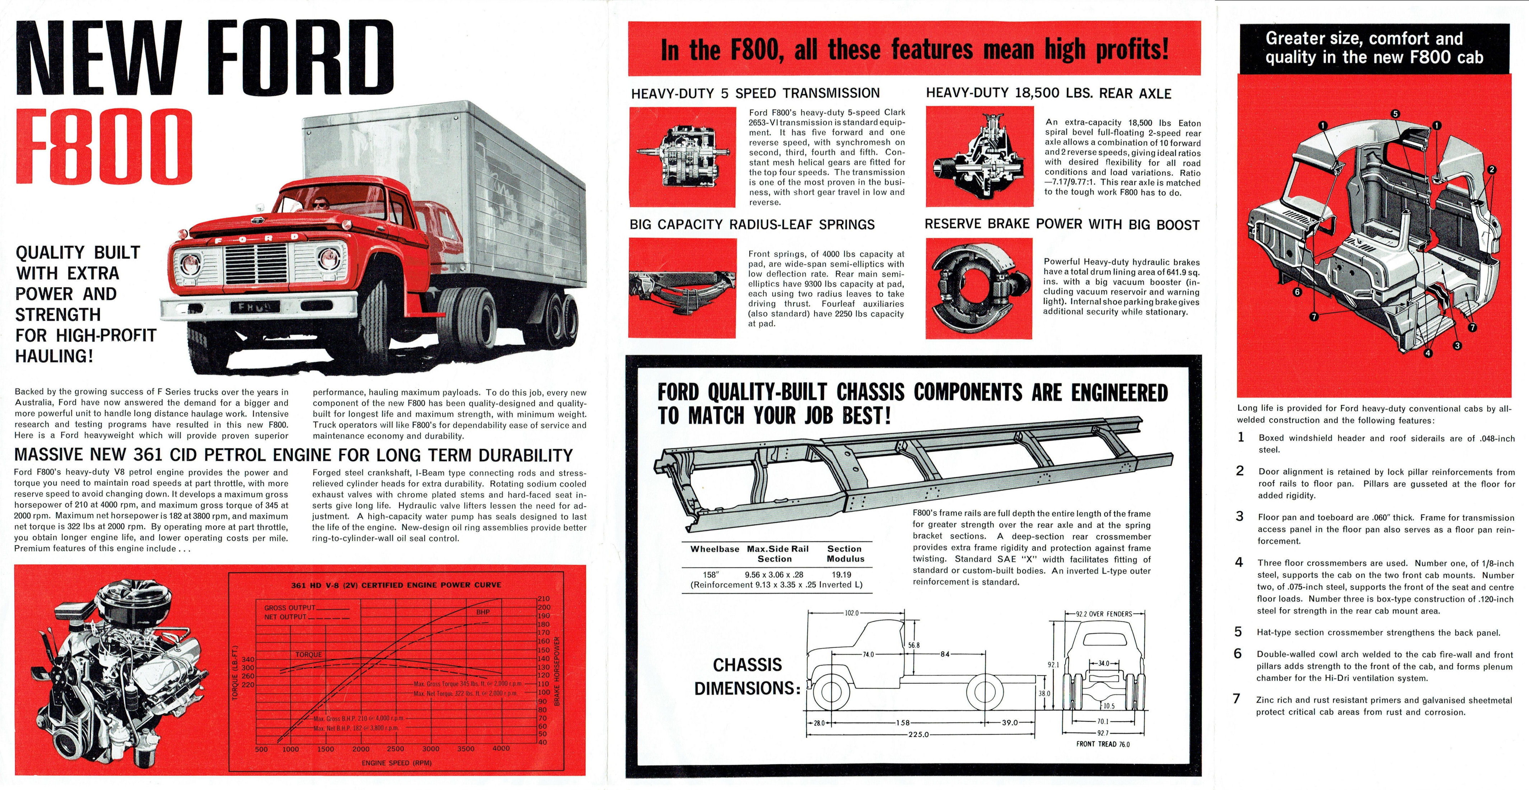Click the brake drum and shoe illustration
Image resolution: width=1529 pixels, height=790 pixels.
point(979,288)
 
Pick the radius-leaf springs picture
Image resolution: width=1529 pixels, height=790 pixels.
point(683,288)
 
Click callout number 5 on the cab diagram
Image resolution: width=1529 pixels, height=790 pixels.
point(1395,114)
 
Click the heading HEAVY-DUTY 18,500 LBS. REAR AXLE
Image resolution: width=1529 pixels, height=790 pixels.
point(1048,93)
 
